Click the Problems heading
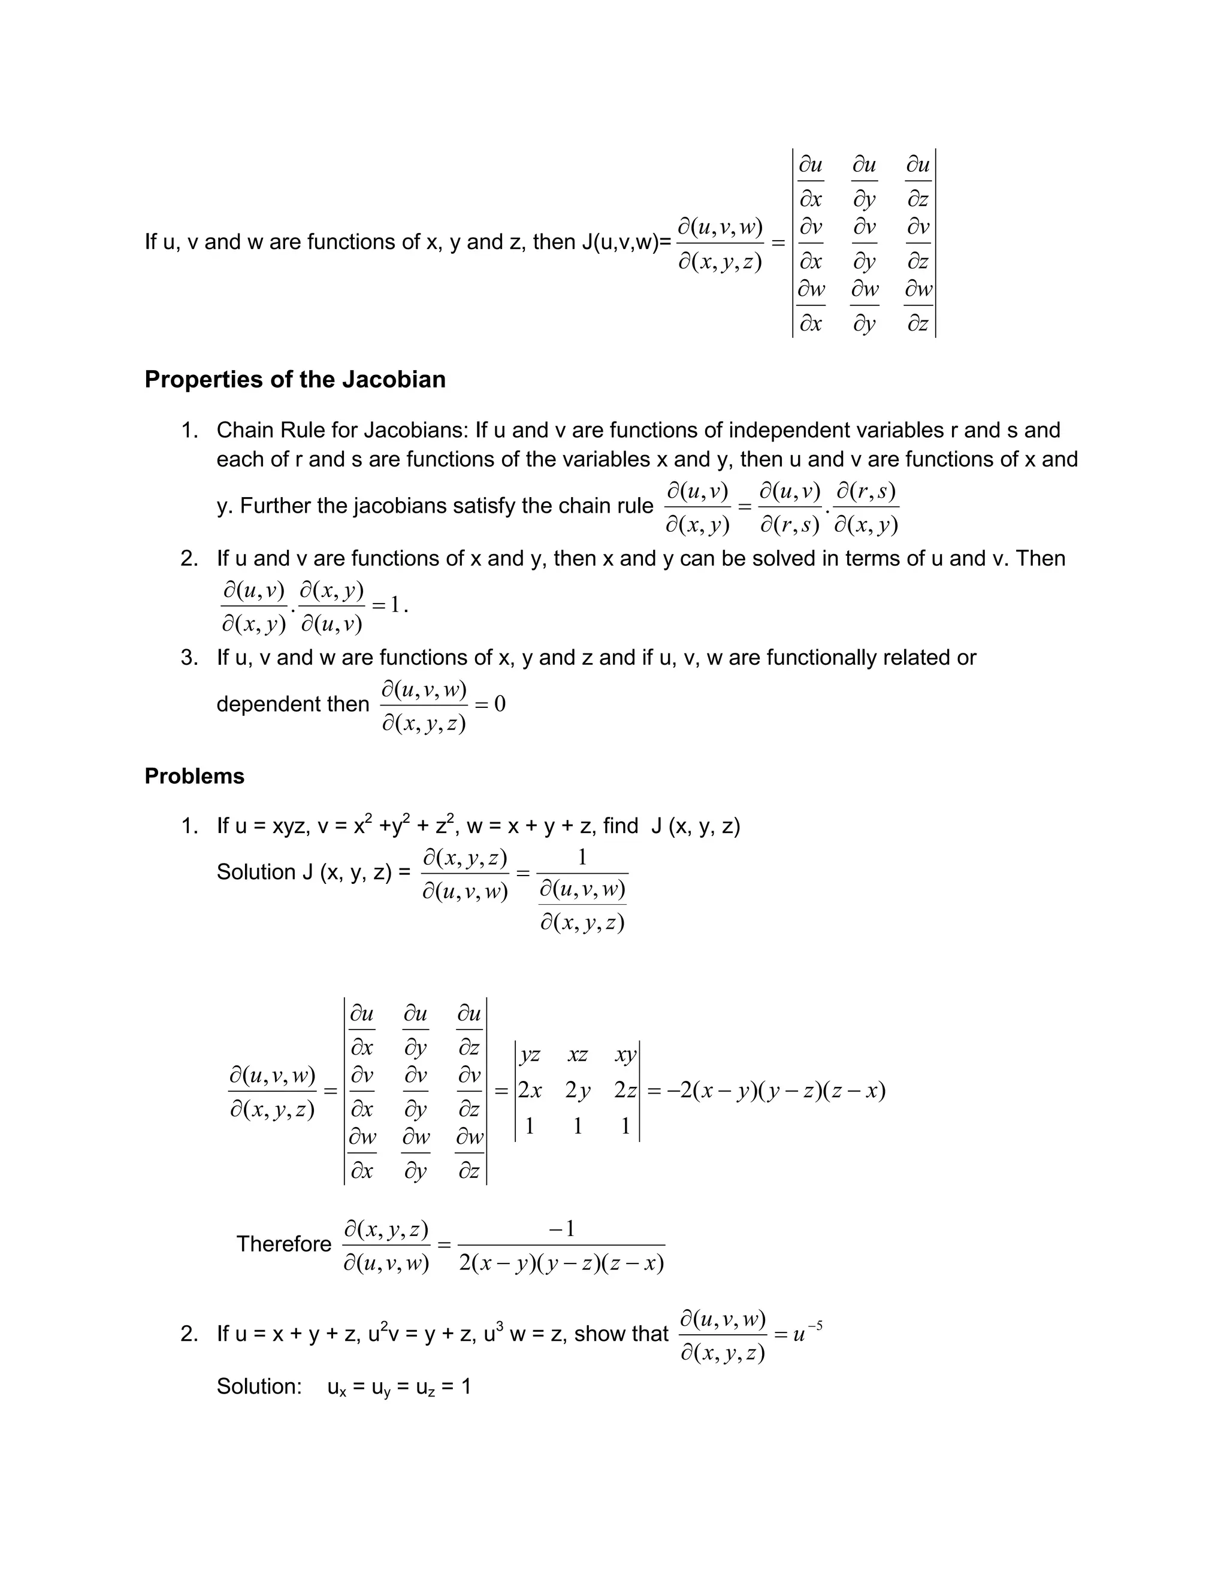coord(194,776)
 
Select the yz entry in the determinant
coord(530,1055)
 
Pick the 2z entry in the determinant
coord(625,1091)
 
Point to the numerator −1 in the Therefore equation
coord(562,1229)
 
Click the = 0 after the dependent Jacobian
coord(490,704)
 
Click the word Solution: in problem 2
coord(259,1386)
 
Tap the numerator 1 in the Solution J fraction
coord(582,858)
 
